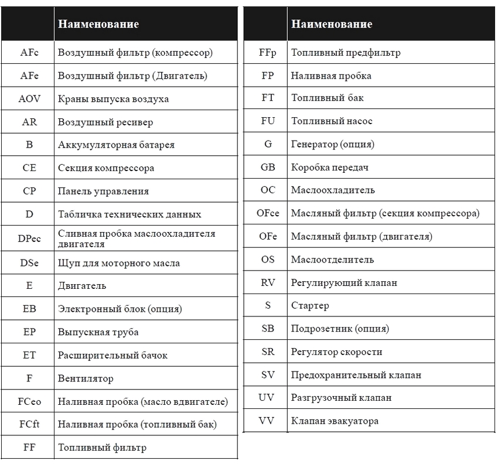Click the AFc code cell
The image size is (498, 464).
(x=29, y=53)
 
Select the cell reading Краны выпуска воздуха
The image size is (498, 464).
(x=113, y=99)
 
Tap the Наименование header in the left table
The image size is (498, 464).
(x=98, y=24)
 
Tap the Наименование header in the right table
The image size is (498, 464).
(x=332, y=24)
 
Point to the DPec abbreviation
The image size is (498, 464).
(x=29, y=238)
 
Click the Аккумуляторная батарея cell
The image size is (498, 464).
(x=116, y=145)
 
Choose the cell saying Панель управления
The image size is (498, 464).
(x=103, y=191)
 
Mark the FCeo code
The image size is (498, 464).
(x=29, y=402)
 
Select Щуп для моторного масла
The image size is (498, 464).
(x=119, y=263)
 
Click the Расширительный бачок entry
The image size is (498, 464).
(x=112, y=356)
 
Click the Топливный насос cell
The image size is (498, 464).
(x=332, y=121)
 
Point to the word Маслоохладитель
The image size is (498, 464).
(x=333, y=190)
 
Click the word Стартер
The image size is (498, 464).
(x=310, y=306)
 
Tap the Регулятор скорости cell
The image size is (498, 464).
(x=336, y=352)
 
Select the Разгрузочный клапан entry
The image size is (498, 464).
(x=341, y=398)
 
